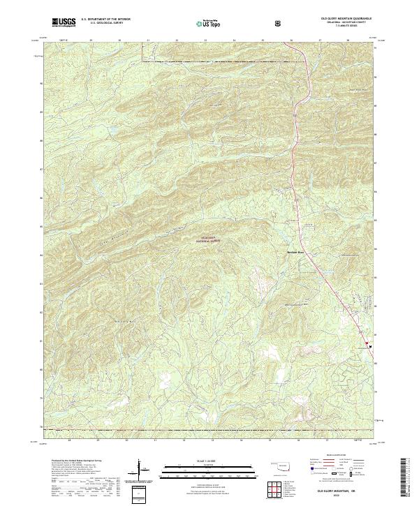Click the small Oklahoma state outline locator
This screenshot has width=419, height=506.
point(280,463)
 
